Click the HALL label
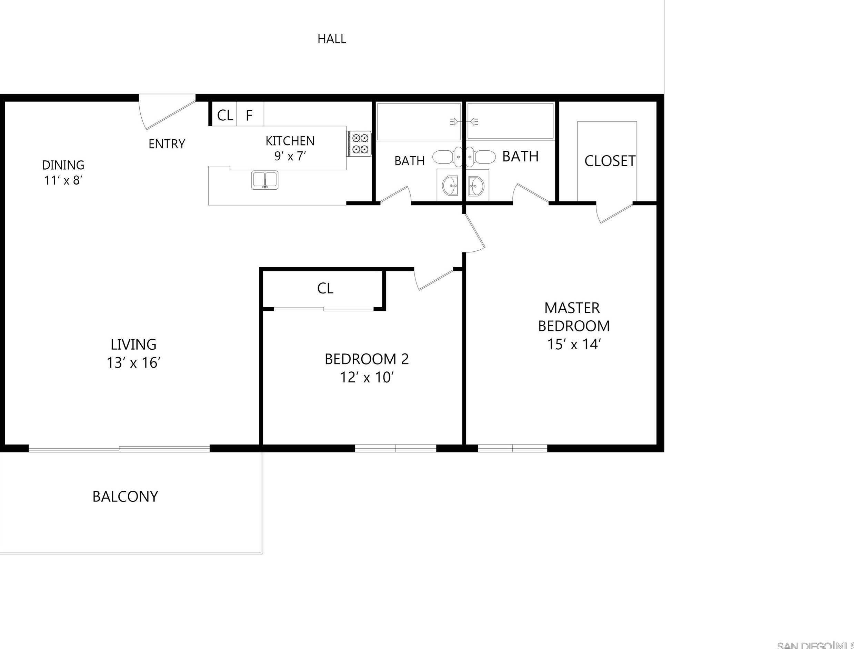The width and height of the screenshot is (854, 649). pos(331,39)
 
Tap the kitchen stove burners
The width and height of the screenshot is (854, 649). pos(359,143)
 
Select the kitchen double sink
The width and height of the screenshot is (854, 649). pos(264,180)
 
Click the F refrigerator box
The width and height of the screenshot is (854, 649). pos(250,115)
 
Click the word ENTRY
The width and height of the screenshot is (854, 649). pos(167,144)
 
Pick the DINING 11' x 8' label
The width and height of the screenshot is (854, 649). pos(63,172)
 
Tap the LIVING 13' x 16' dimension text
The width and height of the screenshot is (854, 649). pos(133,363)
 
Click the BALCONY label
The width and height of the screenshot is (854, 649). pos(125,497)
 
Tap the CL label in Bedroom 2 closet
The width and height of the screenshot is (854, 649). pos(325,288)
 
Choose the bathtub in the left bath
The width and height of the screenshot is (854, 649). pos(418,122)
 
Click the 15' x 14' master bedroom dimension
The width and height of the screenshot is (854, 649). pos(574,344)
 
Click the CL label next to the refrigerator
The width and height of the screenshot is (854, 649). pos(225,115)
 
